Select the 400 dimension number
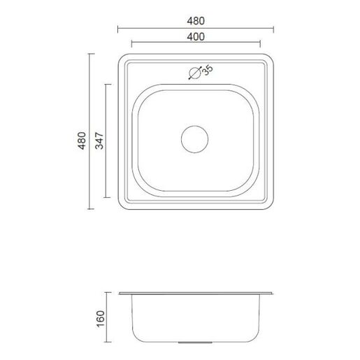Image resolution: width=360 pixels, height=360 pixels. point(196,37)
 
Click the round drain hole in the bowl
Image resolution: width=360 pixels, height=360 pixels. point(195,139)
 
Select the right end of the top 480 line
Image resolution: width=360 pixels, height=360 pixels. point(273,27)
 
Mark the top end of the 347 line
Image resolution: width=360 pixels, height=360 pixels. point(106,84)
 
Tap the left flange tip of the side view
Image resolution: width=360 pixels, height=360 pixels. point(118,294)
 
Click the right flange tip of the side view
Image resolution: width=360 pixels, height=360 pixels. point(273,294)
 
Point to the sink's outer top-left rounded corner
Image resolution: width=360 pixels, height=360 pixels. point(122,57)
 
